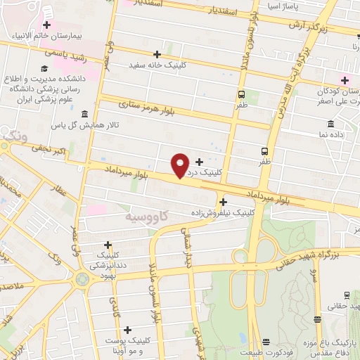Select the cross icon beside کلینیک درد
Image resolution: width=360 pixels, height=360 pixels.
[x=199, y=161]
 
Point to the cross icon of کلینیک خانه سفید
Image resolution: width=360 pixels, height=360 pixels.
[x=157, y=54]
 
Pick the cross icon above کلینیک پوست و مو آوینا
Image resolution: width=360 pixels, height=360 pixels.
[x=127, y=329]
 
